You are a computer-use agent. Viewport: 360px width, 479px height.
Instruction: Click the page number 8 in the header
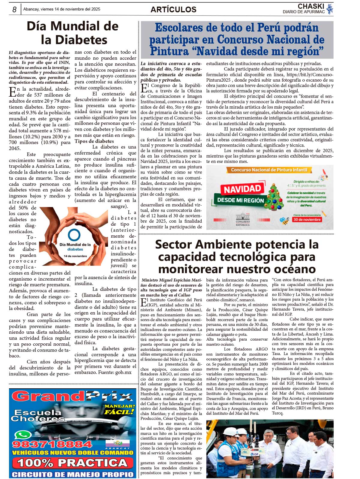[x=14, y=10]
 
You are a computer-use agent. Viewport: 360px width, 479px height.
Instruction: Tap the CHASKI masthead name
[x=311, y=6]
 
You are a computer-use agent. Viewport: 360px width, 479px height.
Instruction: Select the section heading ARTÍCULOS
[x=173, y=10]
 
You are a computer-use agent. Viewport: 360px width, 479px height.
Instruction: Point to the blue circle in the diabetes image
[x=74, y=235]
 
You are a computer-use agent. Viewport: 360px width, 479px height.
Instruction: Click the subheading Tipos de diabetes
[x=94, y=141]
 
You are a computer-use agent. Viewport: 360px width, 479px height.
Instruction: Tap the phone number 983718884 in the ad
[x=52, y=444]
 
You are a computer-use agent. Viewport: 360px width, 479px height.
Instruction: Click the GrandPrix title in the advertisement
[x=72, y=396]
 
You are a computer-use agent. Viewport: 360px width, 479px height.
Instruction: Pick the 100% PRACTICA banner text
[x=72, y=462]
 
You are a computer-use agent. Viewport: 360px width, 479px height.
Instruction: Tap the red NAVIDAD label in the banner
[x=242, y=189]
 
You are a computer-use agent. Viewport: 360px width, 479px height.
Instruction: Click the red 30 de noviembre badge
[x=307, y=219]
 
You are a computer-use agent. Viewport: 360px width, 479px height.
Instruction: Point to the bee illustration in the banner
[x=284, y=221]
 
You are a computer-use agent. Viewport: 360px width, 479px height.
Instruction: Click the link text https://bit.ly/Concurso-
[x=310, y=75]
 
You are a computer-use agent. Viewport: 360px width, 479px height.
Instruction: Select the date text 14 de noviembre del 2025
[x=77, y=9]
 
